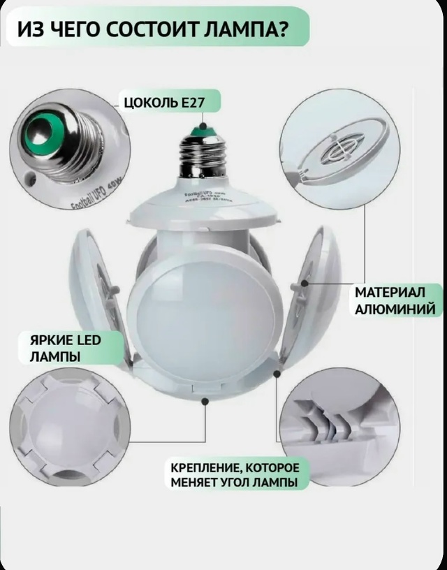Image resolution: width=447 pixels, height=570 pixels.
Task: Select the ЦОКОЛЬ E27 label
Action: point(163,103)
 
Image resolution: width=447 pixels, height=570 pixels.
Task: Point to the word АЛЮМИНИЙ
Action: point(395,309)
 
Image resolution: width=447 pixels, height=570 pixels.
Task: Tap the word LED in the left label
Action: point(87,340)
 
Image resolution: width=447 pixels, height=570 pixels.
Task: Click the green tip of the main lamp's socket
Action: point(203,128)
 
